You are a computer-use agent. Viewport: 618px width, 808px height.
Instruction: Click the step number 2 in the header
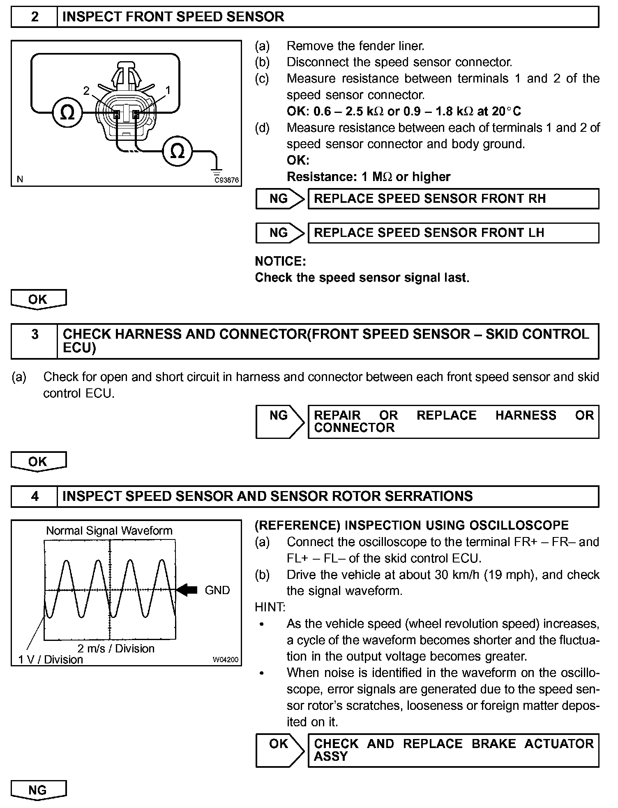pyautogui.click(x=35, y=17)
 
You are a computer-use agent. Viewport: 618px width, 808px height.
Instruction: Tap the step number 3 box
pyautogui.click(x=35, y=341)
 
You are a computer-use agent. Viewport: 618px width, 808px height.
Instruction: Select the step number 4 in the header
pyautogui.click(x=35, y=496)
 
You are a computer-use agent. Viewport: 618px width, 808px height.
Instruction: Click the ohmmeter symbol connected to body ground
pyautogui.click(x=178, y=151)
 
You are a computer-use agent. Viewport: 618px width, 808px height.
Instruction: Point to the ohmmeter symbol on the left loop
pyautogui.click(x=67, y=112)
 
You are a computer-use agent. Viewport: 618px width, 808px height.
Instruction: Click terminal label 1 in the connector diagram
pyautogui.click(x=168, y=90)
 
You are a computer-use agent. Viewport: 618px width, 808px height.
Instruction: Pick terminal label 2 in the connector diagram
pyautogui.click(x=86, y=91)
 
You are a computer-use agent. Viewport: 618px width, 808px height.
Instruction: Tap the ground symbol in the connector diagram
pyautogui.click(x=217, y=170)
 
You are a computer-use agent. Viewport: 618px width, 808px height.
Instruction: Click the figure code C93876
pyautogui.click(x=226, y=180)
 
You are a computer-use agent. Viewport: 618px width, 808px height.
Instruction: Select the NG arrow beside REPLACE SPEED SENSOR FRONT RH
pyautogui.click(x=280, y=199)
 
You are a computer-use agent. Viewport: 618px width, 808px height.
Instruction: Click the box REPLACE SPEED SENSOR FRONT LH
pyautogui.click(x=453, y=233)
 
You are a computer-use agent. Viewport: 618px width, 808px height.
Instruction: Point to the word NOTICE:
pyautogui.click(x=280, y=261)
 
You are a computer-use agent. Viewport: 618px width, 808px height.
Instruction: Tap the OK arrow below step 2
pyautogui.click(x=38, y=299)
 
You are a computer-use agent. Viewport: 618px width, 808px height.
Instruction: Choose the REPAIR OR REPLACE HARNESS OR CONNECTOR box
pyautogui.click(x=453, y=422)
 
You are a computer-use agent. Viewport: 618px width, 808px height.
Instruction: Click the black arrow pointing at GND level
pyautogui.click(x=187, y=590)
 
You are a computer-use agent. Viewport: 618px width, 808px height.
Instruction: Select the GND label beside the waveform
pyautogui.click(x=217, y=590)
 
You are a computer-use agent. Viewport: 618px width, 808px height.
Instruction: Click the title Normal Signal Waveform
pyautogui.click(x=109, y=530)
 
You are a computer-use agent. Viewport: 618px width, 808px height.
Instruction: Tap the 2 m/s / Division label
pyautogui.click(x=116, y=648)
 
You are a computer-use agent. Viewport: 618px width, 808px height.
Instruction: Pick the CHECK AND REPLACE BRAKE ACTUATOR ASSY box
pyautogui.click(x=453, y=750)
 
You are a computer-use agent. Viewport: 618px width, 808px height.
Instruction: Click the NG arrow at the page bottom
pyautogui.click(x=38, y=790)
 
